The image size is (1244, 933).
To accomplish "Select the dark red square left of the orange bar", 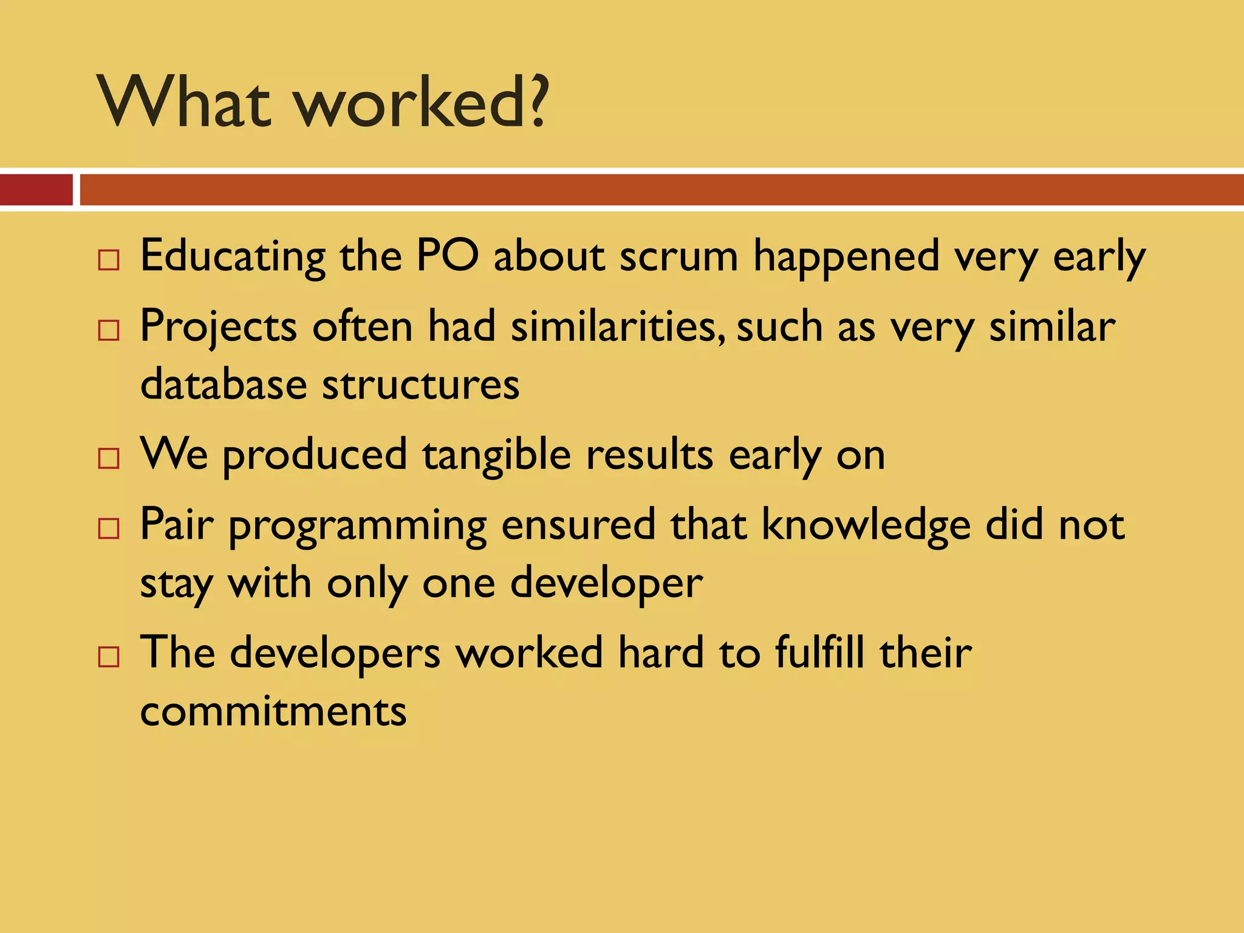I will pyautogui.click(x=36, y=190).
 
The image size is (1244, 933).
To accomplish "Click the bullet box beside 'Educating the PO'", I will pyautogui.click(x=109, y=260).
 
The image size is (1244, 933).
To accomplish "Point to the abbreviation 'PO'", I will pyautogui.click(x=448, y=256).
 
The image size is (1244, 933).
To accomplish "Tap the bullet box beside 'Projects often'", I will pyautogui.click(x=109, y=330).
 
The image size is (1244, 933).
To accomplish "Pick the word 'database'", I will pyautogui.click(x=224, y=384).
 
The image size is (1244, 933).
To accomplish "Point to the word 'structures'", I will pyautogui.click(x=420, y=385).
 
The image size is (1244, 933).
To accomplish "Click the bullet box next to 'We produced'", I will pyautogui.click(x=109, y=459).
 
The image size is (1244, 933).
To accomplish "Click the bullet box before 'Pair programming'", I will pyautogui.click(x=109, y=528).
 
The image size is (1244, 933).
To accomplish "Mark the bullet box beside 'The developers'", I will pyautogui.click(x=109, y=657).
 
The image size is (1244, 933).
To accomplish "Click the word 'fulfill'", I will pyautogui.click(x=819, y=652).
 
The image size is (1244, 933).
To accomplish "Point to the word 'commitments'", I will pyautogui.click(x=273, y=711).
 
